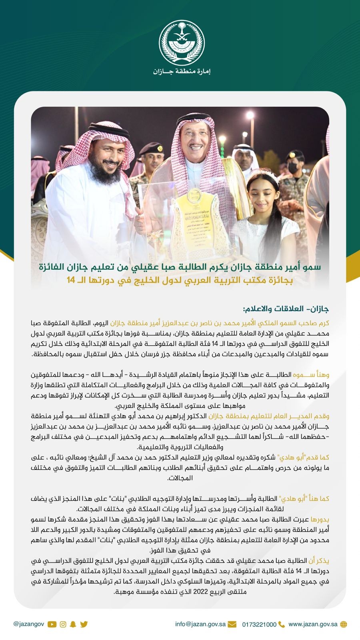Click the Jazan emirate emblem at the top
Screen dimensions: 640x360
(x=180, y=41)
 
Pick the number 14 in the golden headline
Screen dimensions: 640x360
(x=71, y=280)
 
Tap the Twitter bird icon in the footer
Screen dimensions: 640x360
(x=84, y=624)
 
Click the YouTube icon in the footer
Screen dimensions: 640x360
(x=52, y=624)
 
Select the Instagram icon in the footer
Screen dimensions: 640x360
(x=63, y=624)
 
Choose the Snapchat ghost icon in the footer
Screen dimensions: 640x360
(x=73, y=624)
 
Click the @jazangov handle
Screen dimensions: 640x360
(x=28, y=624)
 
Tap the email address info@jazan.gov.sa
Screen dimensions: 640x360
(x=200, y=624)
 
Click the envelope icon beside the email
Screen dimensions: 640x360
(x=232, y=624)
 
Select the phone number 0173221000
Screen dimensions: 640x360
(x=259, y=624)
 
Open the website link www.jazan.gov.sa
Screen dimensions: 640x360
(x=313, y=624)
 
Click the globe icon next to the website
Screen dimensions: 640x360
(x=343, y=624)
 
